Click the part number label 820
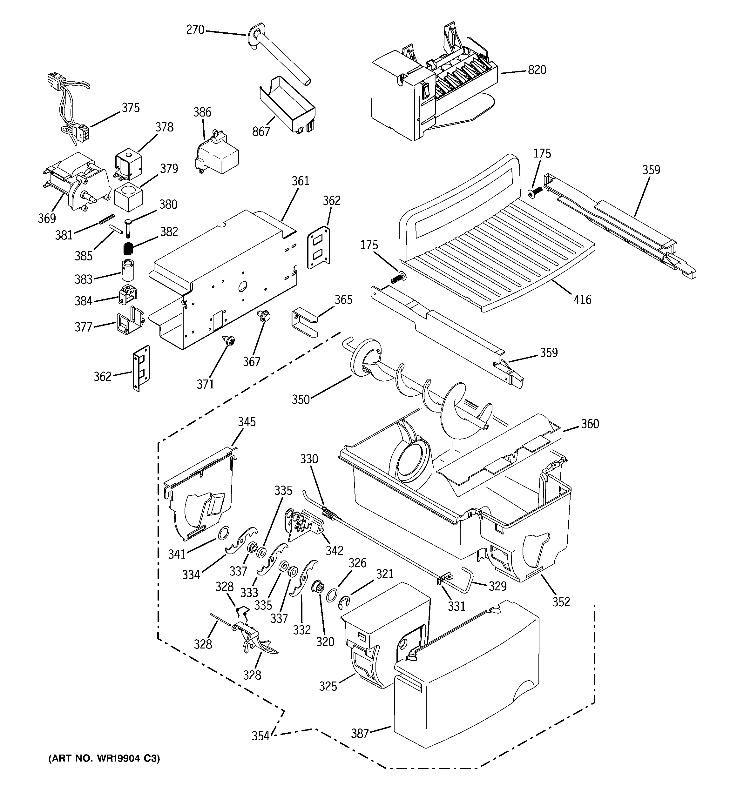point(537,70)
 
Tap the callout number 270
point(195,30)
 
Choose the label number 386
point(202,112)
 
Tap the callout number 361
point(300,181)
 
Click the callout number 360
point(590,424)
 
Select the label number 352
point(561,602)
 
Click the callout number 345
point(247,422)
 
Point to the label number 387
point(360,733)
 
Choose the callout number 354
point(261,736)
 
